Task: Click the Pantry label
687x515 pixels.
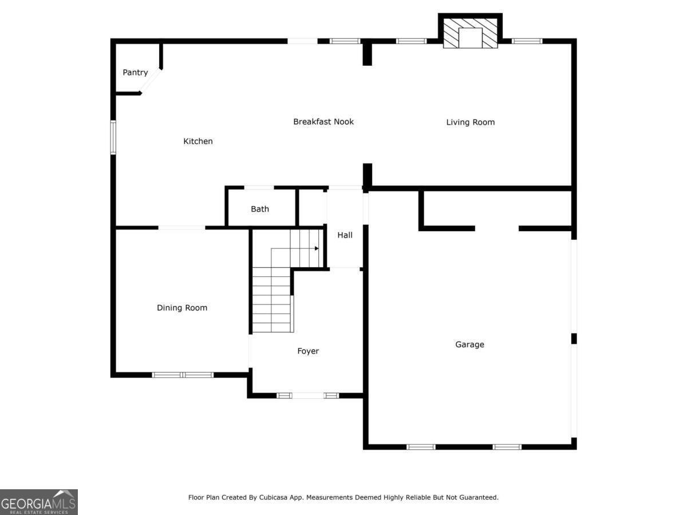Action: pyautogui.click(x=135, y=73)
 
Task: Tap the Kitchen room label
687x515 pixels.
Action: pyautogui.click(x=198, y=141)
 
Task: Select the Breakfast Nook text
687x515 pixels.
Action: pyautogui.click(x=323, y=121)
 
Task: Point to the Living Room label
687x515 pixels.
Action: pyautogui.click(x=470, y=122)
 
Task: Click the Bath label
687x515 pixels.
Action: pyautogui.click(x=260, y=209)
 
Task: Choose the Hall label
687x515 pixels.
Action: pyautogui.click(x=345, y=235)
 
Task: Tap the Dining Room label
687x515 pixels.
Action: pyautogui.click(x=182, y=308)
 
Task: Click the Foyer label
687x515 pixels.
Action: pyautogui.click(x=308, y=351)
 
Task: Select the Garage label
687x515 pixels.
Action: pyautogui.click(x=469, y=344)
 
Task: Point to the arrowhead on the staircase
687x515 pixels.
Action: pyautogui.click(x=316, y=248)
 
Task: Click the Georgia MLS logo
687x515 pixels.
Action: pyautogui.click(x=38, y=502)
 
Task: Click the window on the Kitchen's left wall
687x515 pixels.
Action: pyautogui.click(x=113, y=137)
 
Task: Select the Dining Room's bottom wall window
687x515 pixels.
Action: pyautogui.click(x=183, y=375)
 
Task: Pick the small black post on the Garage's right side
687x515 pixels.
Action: pyautogui.click(x=574, y=339)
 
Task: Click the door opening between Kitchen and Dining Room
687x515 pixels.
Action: pyautogui.click(x=181, y=228)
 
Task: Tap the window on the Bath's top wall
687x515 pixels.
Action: pyautogui.click(x=259, y=187)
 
